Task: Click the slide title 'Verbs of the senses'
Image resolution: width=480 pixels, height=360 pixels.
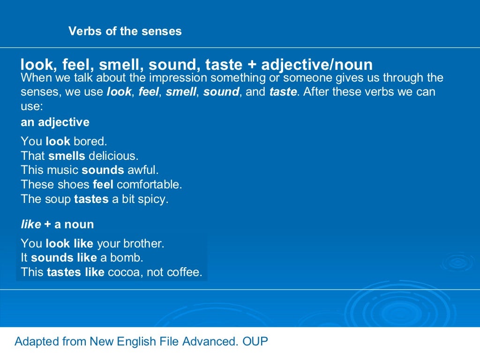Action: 125,31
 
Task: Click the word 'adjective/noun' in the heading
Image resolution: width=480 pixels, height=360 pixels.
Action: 317,65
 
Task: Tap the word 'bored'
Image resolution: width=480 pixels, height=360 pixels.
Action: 90,141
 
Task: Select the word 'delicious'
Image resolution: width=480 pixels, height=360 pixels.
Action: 113,156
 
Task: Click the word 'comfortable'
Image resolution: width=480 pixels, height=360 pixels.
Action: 149,184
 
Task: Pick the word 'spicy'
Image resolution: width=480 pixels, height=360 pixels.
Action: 151,199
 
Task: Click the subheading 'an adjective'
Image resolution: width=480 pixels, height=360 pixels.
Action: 55,122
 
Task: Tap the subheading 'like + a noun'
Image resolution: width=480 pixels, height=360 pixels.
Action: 57,224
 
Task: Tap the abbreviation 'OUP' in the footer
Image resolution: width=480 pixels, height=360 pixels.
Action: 255,341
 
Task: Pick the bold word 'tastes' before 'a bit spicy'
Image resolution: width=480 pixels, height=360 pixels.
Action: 91,199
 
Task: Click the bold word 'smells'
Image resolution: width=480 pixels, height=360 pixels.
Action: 67,156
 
